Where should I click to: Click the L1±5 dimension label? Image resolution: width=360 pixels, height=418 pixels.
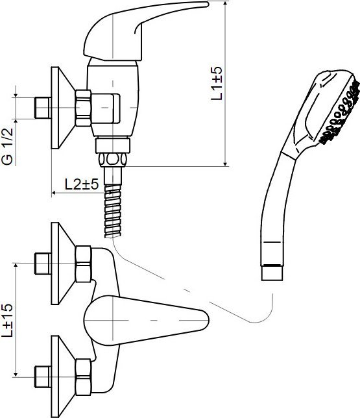click(x=217, y=83)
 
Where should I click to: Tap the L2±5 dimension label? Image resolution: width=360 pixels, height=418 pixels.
click(x=82, y=184)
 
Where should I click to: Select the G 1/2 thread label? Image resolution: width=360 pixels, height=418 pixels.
click(x=7, y=146)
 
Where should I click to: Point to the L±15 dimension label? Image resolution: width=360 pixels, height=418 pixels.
click(x=7, y=320)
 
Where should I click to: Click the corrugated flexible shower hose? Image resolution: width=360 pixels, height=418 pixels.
click(x=113, y=210)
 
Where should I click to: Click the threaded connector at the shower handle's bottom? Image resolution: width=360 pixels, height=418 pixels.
click(x=272, y=273)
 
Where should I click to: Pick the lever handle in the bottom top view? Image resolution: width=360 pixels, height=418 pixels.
click(x=146, y=320)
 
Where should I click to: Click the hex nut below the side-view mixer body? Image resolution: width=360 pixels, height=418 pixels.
click(x=112, y=160)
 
